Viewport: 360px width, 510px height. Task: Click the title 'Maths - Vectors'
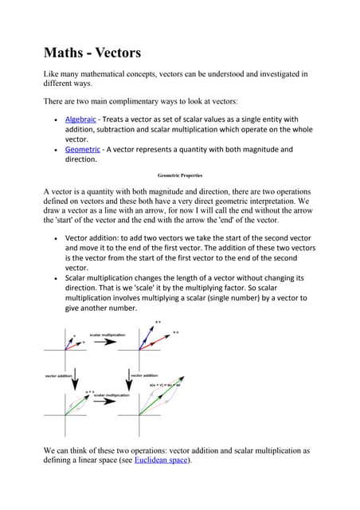(x=92, y=53)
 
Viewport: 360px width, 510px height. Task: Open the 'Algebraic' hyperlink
(x=80, y=119)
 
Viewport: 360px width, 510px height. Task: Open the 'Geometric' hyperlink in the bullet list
(x=82, y=148)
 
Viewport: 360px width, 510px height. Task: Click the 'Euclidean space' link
(x=162, y=461)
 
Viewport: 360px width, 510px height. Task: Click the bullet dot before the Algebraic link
(x=53, y=120)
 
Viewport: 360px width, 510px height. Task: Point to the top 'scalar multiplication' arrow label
(x=107, y=335)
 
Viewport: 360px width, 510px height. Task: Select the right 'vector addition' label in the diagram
(x=143, y=375)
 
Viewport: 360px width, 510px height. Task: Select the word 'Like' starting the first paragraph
(x=52, y=74)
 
